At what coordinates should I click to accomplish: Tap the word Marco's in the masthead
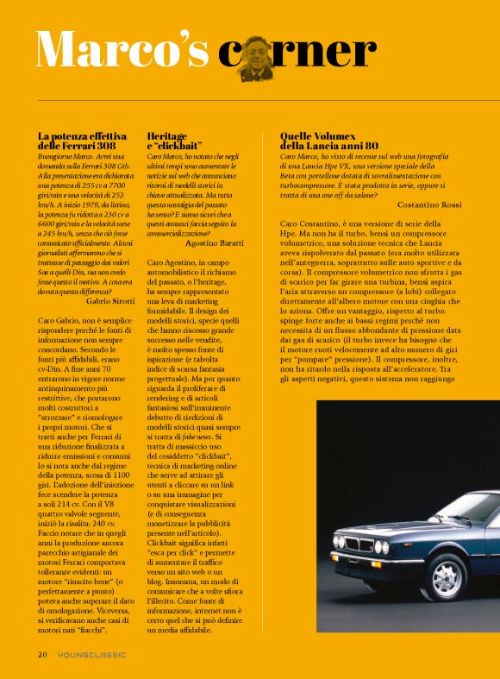[123, 50]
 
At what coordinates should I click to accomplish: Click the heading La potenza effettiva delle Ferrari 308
[82, 141]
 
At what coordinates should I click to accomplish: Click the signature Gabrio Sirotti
[110, 301]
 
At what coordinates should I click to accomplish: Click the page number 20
[42, 655]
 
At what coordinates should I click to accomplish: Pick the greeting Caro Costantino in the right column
[311, 224]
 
